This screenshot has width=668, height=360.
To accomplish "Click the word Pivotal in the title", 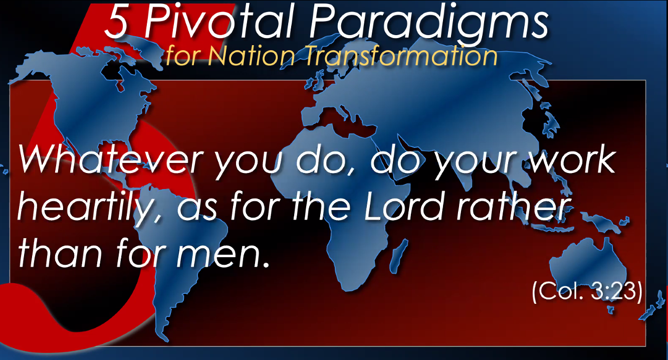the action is [219, 22].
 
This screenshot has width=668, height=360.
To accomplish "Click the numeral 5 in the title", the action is [117, 22].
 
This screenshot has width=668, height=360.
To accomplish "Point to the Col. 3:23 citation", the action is [587, 292].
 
